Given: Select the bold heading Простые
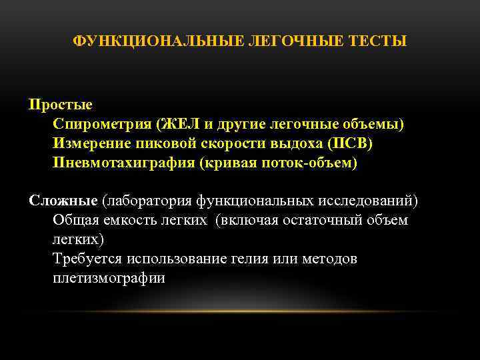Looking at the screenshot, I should [x=61, y=105].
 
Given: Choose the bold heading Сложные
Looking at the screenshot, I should [x=63, y=201].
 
